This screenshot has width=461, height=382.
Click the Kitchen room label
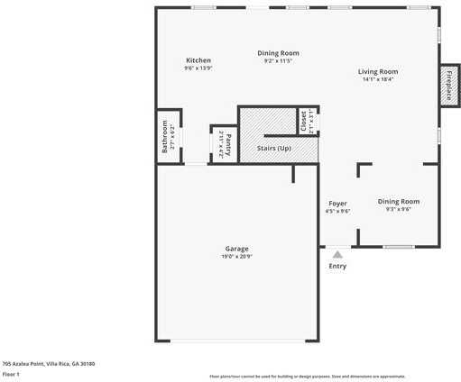point(198,60)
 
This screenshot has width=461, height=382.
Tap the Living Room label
point(377,71)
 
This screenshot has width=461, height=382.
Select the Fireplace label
point(448,86)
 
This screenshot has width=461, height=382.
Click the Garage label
point(236,249)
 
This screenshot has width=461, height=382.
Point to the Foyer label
point(337,204)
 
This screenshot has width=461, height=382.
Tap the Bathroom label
point(165,137)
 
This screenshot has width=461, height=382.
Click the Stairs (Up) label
point(274,147)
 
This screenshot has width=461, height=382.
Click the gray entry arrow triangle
point(337,255)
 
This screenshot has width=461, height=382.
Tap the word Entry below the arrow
point(337,266)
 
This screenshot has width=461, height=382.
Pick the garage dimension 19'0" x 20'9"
point(236,257)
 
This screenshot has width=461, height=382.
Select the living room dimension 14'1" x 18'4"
point(377,79)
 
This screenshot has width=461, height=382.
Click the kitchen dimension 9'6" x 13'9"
point(198,68)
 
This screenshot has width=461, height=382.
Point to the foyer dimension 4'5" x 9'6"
point(337,212)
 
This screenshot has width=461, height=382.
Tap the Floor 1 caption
point(11,373)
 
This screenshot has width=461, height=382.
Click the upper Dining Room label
point(278,53)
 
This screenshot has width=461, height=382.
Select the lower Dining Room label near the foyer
point(398,201)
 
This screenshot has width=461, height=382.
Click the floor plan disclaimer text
point(307,376)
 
